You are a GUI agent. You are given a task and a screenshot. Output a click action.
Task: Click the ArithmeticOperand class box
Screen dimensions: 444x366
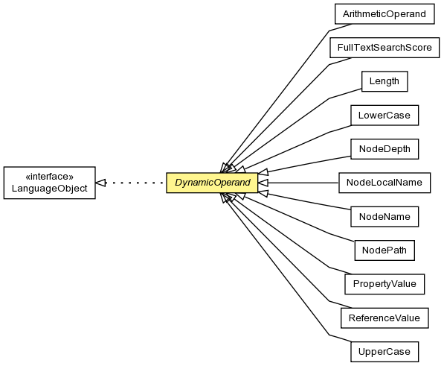(x=385, y=14)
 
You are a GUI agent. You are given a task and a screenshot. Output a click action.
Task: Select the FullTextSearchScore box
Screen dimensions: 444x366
(x=385, y=48)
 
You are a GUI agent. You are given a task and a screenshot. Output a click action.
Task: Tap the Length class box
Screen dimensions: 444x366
(x=385, y=81)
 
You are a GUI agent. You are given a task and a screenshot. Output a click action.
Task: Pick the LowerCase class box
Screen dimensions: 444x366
(x=385, y=116)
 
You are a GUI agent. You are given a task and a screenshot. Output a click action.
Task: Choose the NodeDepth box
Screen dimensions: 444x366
(x=385, y=149)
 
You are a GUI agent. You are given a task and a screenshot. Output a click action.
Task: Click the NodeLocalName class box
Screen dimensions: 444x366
(x=385, y=183)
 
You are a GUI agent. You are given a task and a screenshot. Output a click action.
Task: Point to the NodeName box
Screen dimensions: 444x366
(x=385, y=216)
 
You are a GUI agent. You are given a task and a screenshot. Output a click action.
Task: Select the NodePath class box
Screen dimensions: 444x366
(x=385, y=250)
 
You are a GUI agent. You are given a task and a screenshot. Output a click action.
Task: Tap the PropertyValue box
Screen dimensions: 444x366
(x=385, y=284)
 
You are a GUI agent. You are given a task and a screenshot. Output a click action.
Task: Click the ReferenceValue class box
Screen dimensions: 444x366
(x=385, y=318)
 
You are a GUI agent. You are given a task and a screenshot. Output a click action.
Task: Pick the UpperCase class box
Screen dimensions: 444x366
(x=385, y=352)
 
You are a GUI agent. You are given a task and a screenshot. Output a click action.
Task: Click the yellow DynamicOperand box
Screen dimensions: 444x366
(x=212, y=183)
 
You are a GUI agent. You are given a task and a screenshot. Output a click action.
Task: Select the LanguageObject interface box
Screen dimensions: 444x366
(x=50, y=183)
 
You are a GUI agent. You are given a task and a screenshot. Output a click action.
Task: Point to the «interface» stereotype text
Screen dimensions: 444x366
(x=50, y=177)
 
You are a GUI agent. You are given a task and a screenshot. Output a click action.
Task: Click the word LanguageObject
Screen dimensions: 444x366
(x=50, y=189)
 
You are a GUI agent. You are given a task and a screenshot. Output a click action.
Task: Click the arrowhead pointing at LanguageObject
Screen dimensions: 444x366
(x=100, y=183)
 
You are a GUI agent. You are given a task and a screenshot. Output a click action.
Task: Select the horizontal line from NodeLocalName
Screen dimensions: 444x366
(x=303, y=183)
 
